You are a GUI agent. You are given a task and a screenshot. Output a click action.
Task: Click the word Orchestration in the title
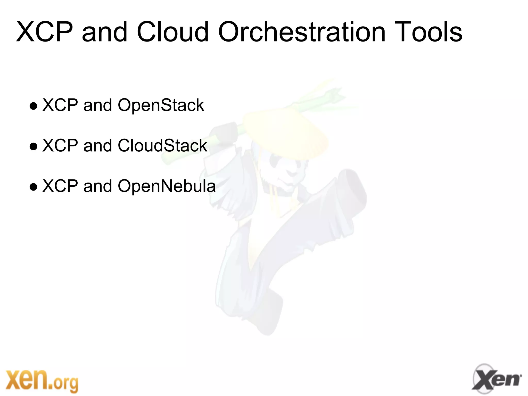pos(302,32)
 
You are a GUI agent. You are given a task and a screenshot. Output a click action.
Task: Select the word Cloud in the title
pos(172,32)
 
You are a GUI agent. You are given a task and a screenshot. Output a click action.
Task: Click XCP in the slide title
pos(44,32)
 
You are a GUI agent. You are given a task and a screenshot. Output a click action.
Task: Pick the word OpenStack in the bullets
pos(161,105)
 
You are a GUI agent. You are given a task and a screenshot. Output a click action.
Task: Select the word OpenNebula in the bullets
pos(167,186)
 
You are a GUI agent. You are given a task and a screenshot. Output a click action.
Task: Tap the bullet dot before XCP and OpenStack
pos(34,106)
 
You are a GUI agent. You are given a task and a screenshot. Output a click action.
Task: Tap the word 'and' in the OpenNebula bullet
pos(97,186)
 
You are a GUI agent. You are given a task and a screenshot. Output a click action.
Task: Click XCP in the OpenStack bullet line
pos(60,105)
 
